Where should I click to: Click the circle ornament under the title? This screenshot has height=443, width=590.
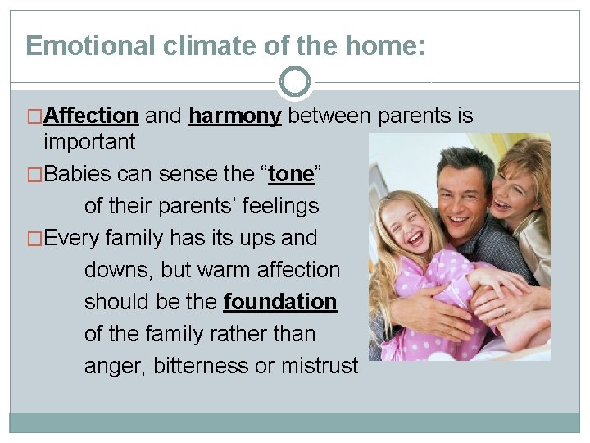click(295, 82)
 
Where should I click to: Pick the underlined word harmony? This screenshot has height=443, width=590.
click(234, 116)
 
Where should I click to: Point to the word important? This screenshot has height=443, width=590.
click(89, 142)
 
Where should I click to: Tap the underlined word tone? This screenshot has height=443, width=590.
click(291, 174)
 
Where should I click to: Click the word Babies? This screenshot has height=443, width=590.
click(79, 174)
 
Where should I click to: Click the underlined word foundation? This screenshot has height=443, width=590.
click(279, 302)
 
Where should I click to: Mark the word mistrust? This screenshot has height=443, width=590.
click(319, 366)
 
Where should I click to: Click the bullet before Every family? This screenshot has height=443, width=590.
click(35, 239)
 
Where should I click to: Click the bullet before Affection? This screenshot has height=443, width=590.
click(35, 116)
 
